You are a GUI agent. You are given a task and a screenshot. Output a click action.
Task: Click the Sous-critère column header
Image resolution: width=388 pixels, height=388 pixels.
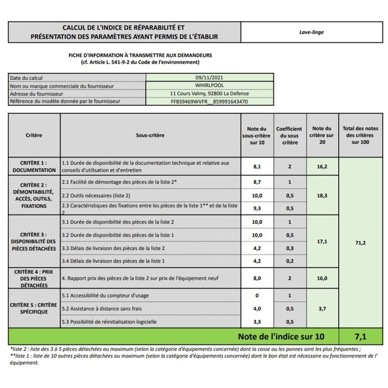click(x=150, y=135)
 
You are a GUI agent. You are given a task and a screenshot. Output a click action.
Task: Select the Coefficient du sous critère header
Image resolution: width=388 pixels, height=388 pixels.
click(x=289, y=135)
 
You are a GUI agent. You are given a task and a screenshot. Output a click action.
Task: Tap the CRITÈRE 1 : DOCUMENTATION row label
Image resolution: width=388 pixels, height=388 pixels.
click(x=34, y=166)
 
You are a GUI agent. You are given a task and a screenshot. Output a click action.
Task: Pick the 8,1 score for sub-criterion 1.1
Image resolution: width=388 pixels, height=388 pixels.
click(x=257, y=166)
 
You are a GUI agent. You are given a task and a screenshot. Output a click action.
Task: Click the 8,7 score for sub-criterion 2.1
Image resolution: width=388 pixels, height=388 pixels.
click(x=257, y=182)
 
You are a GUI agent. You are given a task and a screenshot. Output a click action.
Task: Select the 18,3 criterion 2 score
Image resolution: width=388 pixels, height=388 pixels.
click(x=321, y=196)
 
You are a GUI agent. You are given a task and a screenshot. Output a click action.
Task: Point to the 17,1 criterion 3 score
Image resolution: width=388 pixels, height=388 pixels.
click(x=321, y=242)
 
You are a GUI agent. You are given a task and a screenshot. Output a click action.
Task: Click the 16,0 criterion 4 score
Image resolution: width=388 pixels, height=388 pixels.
click(x=321, y=278)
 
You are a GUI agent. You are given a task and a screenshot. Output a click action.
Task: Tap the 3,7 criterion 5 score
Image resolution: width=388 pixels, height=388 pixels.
click(x=321, y=308)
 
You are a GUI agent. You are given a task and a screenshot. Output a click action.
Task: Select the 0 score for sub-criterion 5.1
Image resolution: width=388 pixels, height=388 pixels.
click(x=257, y=295)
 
